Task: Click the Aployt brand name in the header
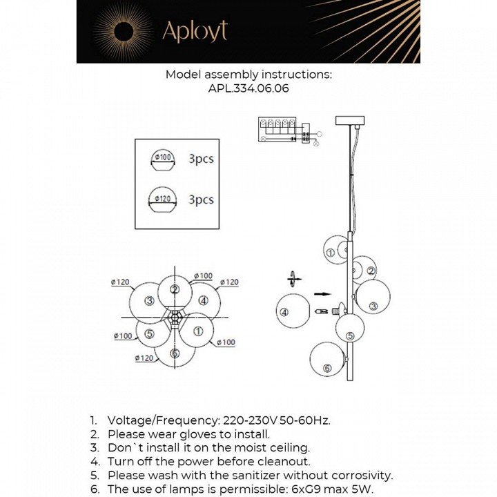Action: [194, 30]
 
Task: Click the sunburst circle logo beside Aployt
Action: [124, 31]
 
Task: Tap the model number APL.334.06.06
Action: [248, 88]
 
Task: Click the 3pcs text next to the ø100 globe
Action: [201, 159]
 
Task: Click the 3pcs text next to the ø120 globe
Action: [201, 199]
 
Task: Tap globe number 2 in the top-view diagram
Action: [175, 291]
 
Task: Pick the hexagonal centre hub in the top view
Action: [176, 319]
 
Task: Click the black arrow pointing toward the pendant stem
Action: [322, 294]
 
